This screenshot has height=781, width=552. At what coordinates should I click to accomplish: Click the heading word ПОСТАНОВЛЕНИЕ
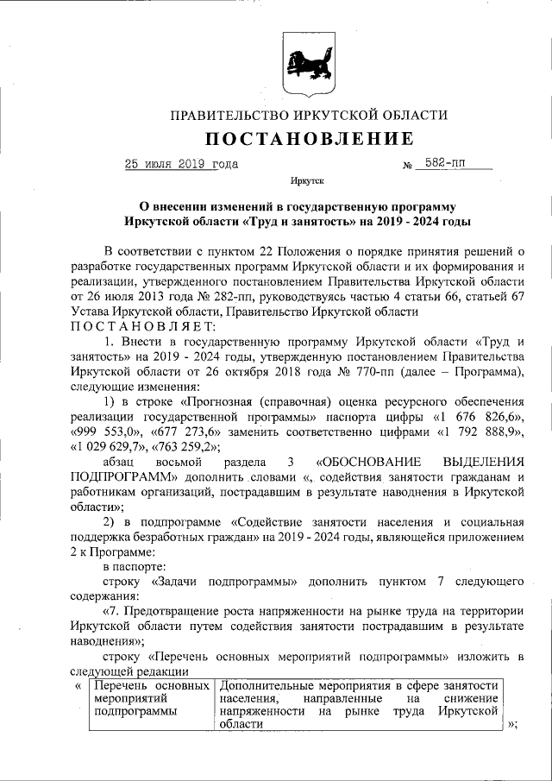coord(309,139)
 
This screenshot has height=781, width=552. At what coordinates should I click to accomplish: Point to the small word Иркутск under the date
coord(308,184)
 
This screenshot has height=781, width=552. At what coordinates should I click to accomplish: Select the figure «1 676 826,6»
coord(479,417)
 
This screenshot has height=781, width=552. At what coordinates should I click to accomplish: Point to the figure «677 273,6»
coord(185,431)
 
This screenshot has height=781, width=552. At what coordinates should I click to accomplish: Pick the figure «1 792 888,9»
coord(478,431)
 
